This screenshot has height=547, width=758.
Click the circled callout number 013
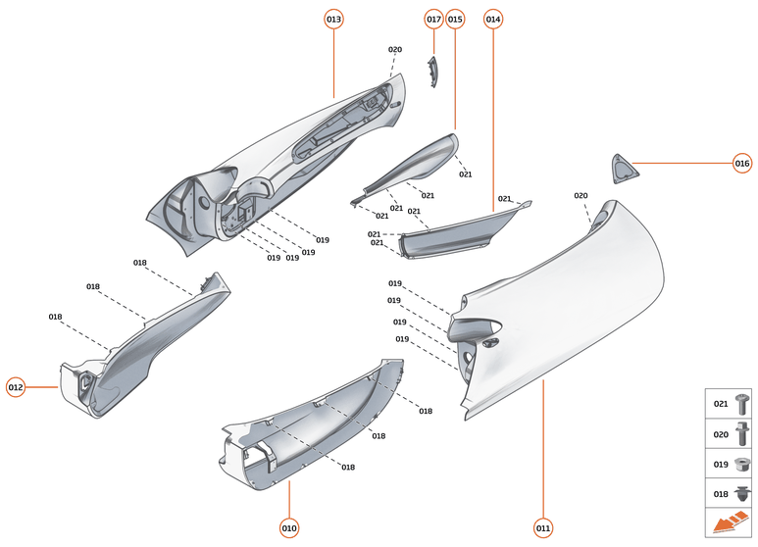(x=334, y=20)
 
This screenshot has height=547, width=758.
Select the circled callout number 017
(x=433, y=20)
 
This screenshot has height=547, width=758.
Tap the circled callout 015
(x=455, y=20)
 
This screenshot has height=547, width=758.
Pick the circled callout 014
(x=493, y=20)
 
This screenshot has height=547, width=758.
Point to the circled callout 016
(x=742, y=164)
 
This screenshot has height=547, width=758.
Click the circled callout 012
(x=16, y=387)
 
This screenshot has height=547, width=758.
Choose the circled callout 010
(x=289, y=528)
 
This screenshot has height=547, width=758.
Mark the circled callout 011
(x=543, y=528)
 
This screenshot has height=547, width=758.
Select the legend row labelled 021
(x=730, y=403)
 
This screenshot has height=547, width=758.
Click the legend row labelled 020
(x=730, y=432)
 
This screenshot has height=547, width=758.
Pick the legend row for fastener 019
(x=730, y=463)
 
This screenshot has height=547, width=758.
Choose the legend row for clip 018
(x=730, y=493)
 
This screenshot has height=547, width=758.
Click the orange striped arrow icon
(x=730, y=522)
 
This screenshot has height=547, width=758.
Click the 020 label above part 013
(x=395, y=50)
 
